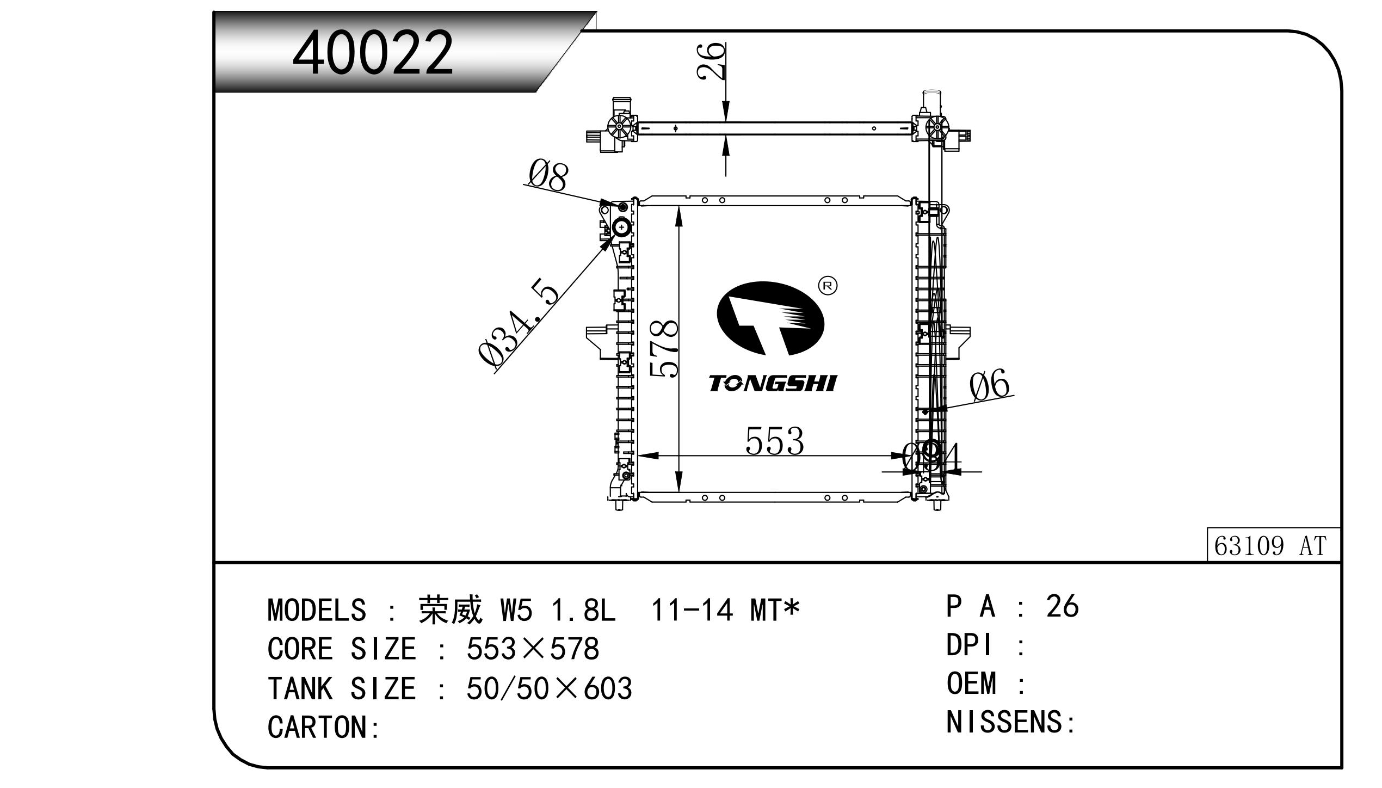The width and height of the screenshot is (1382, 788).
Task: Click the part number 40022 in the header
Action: coord(373,53)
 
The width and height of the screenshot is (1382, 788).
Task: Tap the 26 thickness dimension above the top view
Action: coord(712,61)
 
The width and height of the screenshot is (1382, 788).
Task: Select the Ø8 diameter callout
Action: coord(548,176)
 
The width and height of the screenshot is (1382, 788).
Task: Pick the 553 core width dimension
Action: coord(774,441)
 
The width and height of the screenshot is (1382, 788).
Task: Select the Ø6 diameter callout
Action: coord(989,384)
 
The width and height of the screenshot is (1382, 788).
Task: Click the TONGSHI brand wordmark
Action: coord(772,384)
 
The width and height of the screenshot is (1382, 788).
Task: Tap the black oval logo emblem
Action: coord(770,318)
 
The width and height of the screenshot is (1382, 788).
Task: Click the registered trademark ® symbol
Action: coord(828,286)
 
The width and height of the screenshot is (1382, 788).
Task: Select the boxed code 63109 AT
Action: coord(1273,545)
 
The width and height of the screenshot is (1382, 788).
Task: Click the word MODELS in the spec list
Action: coord(317,610)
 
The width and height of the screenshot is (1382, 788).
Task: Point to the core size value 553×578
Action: coord(533,649)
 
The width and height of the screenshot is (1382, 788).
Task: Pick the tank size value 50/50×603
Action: coord(549,688)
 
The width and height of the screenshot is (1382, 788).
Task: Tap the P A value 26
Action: coord(1062,606)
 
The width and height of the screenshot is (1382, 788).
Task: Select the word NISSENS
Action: coord(1005,722)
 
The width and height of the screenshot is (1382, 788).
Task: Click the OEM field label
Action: coord(971,684)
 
